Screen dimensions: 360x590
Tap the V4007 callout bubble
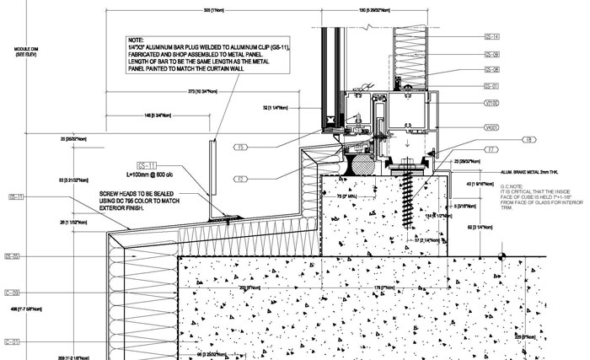point(492,127)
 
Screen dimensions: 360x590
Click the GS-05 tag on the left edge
point(13,255)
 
